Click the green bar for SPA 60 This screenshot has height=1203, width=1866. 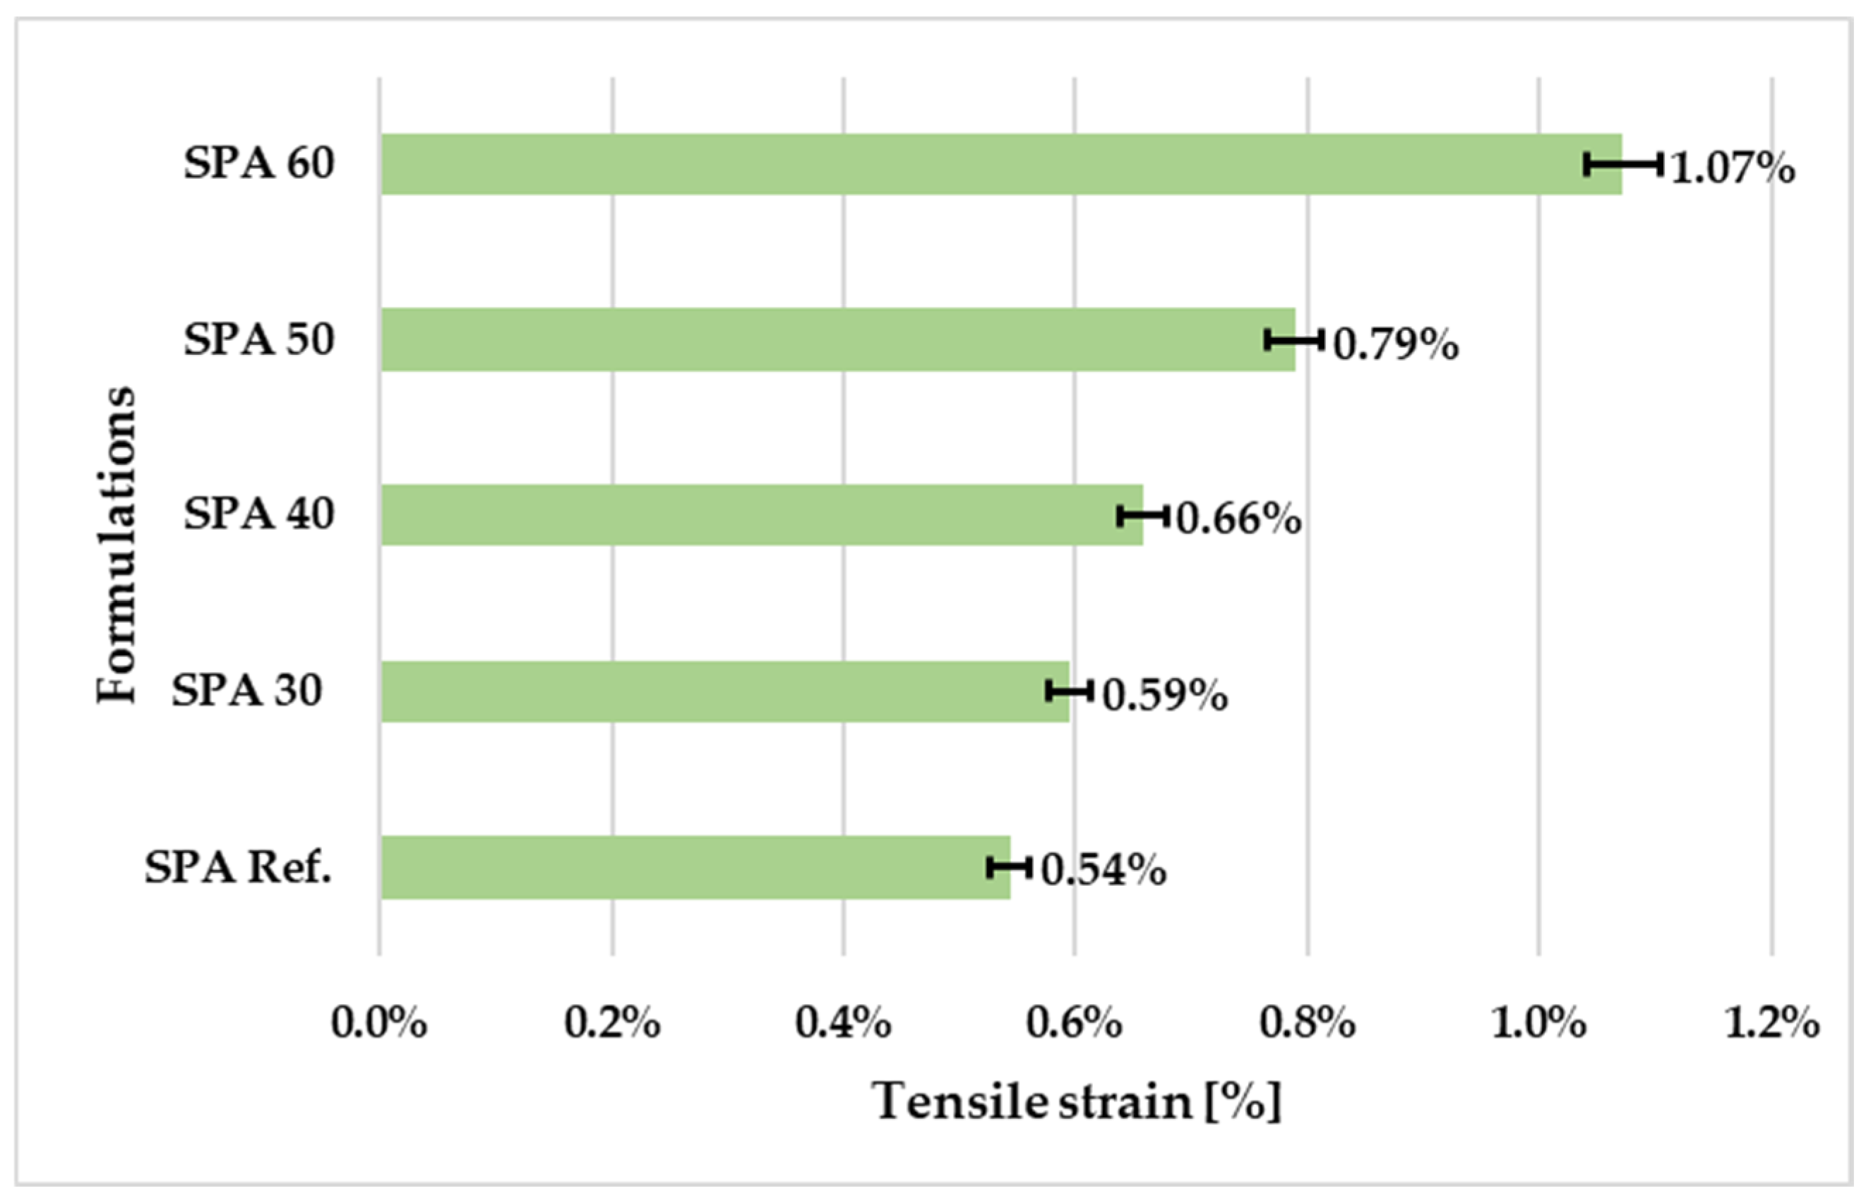1000,164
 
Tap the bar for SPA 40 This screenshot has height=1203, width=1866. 762,515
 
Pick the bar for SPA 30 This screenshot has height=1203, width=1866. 725,691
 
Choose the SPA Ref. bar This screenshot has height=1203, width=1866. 695,867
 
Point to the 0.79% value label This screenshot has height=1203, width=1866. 1396,344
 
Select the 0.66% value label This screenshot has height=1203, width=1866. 1239,519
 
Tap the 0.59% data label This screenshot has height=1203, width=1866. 1165,695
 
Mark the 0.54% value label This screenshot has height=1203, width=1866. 1104,870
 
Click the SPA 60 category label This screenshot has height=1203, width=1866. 258,163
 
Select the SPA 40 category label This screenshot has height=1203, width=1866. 258,513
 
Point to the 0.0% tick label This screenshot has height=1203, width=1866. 379,1022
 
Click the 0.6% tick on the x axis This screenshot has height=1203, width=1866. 1075,1022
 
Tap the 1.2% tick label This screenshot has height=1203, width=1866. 1772,1022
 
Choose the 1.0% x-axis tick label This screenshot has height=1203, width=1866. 1539,1022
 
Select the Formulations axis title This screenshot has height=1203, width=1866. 117,545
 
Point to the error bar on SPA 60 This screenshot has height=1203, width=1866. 1623,164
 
